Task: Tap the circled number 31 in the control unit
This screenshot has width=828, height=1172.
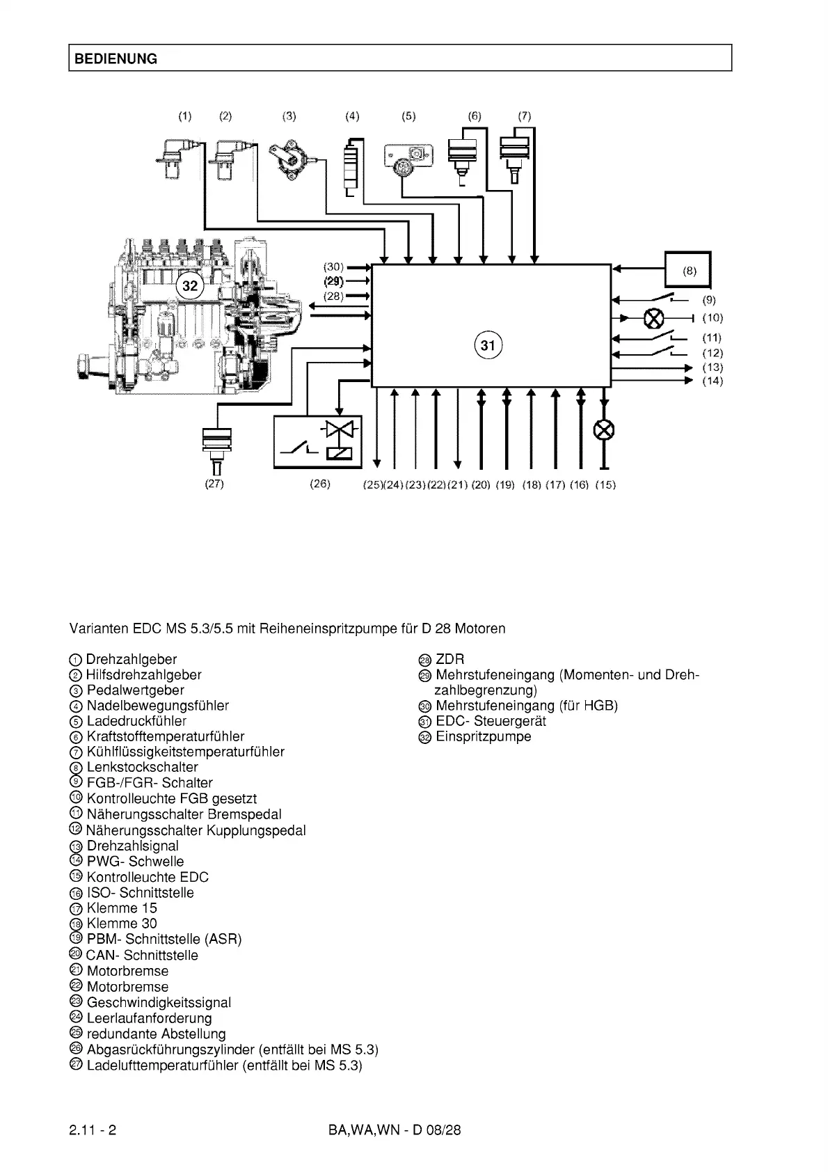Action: tap(488, 345)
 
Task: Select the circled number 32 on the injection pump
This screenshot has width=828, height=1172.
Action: tap(190, 285)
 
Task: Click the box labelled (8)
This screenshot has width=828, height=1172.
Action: tap(688, 269)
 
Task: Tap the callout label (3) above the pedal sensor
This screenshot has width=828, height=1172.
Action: tap(289, 116)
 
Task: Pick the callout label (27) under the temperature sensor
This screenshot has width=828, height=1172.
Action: tap(214, 484)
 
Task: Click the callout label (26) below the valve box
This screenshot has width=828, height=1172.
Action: tap(320, 484)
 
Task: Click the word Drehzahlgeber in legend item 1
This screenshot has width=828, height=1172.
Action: tap(132, 659)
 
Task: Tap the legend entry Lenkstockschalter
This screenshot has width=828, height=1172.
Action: tap(142, 767)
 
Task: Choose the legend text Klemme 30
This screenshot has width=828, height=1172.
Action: tap(122, 924)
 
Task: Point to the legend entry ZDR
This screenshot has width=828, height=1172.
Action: tap(449, 659)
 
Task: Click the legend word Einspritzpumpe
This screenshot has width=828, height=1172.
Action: tap(483, 736)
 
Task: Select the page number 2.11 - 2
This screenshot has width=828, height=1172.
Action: tap(93, 1130)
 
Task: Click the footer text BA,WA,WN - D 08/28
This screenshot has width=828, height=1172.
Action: tap(395, 1130)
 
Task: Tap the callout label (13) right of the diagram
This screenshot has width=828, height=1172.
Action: tap(712, 367)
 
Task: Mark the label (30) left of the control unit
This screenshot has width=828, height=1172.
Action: tap(334, 267)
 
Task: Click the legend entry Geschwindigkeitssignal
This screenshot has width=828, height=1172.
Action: tap(159, 1002)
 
